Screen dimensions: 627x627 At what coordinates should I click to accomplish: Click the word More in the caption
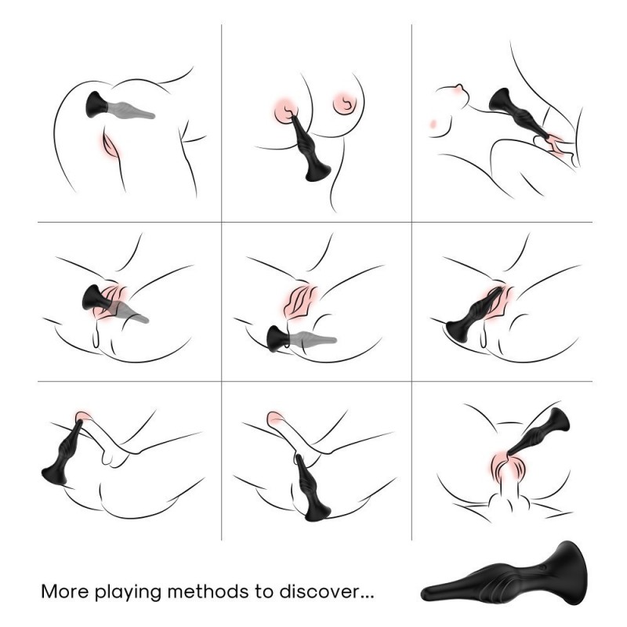(x=64, y=592)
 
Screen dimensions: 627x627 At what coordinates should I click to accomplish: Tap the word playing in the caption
(x=128, y=593)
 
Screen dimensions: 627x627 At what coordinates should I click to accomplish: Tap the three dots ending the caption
(x=366, y=596)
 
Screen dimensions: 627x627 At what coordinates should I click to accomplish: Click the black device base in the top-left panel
(x=97, y=104)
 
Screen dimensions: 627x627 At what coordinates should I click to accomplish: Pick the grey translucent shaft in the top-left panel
(x=131, y=110)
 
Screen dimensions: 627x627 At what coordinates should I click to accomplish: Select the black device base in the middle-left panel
(x=92, y=299)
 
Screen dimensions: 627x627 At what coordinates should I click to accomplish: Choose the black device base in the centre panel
(x=278, y=339)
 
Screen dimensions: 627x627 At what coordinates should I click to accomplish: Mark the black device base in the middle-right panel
(x=458, y=331)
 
